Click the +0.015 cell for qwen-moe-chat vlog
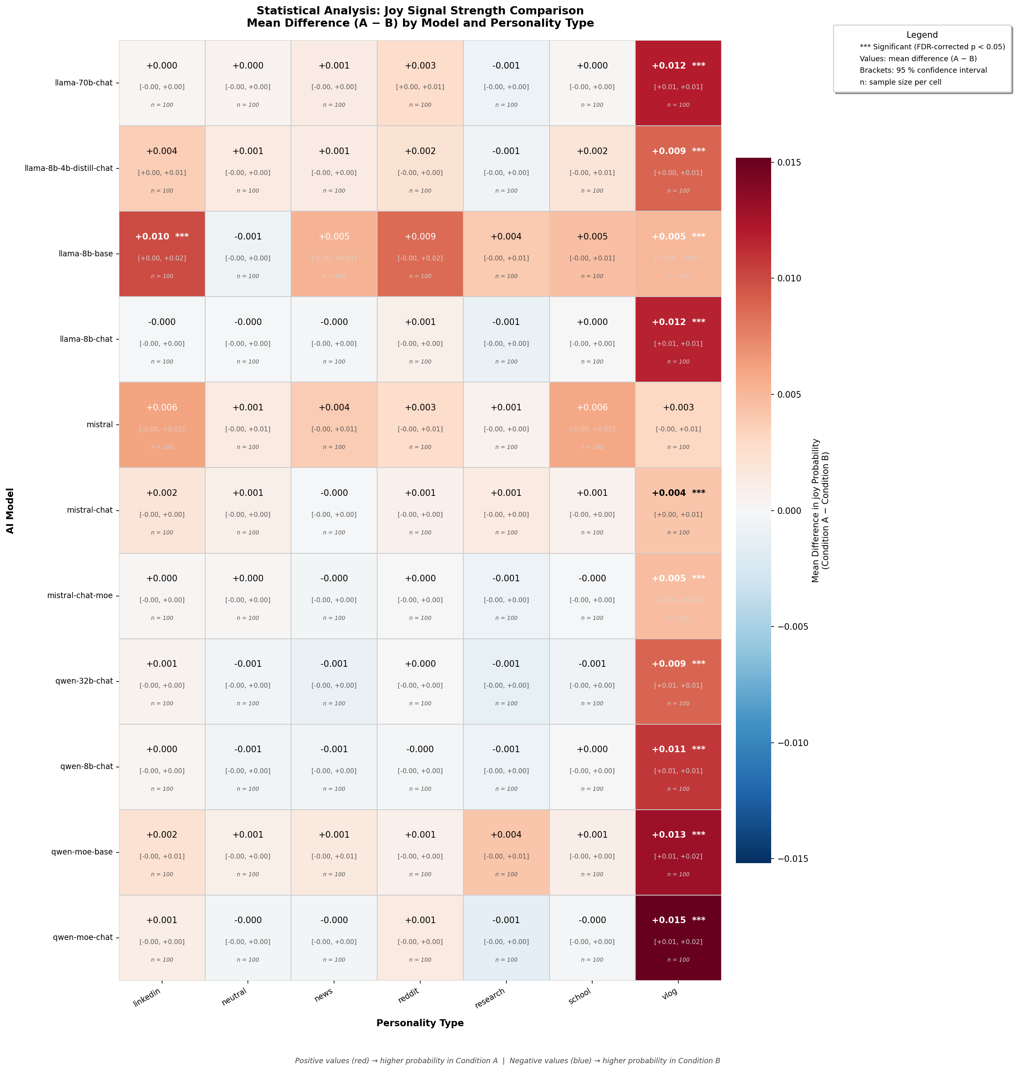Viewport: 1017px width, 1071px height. (x=678, y=937)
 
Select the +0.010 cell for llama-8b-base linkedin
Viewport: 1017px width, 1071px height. (x=162, y=253)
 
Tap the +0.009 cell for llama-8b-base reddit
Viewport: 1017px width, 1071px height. (x=420, y=253)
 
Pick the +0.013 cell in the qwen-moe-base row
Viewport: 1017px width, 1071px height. (x=678, y=852)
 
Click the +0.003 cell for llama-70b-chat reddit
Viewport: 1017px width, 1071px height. (x=420, y=83)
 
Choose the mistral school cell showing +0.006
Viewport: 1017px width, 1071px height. (x=592, y=424)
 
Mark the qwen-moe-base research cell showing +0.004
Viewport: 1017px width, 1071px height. (x=506, y=852)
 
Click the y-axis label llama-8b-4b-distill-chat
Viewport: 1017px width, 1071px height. (x=69, y=168)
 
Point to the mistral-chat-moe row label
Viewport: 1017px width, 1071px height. (x=80, y=595)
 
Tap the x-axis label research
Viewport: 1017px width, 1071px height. (x=490, y=998)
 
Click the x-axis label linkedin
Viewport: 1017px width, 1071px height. (x=147, y=998)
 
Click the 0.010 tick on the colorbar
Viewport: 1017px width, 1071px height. (x=789, y=279)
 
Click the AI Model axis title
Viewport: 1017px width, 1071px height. (x=10, y=510)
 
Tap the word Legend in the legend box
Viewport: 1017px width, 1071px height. (x=922, y=35)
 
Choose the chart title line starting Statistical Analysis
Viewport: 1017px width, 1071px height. (x=420, y=11)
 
